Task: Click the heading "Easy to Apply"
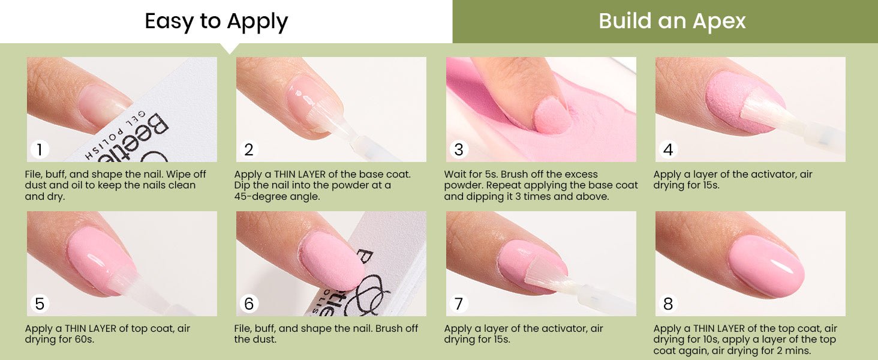(x=217, y=22)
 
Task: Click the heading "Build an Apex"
(x=672, y=21)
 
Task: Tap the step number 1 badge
(x=40, y=149)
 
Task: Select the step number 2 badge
(x=249, y=149)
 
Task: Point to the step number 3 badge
(x=459, y=149)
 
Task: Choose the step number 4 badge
(x=668, y=149)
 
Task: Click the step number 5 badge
(x=40, y=304)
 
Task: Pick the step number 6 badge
(x=249, y=304)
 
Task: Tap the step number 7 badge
(x=459, y=304)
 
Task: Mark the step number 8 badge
(x=668, y=304)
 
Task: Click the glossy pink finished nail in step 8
(x=766, y=265)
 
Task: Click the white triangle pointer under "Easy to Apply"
(x=230, y=47)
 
